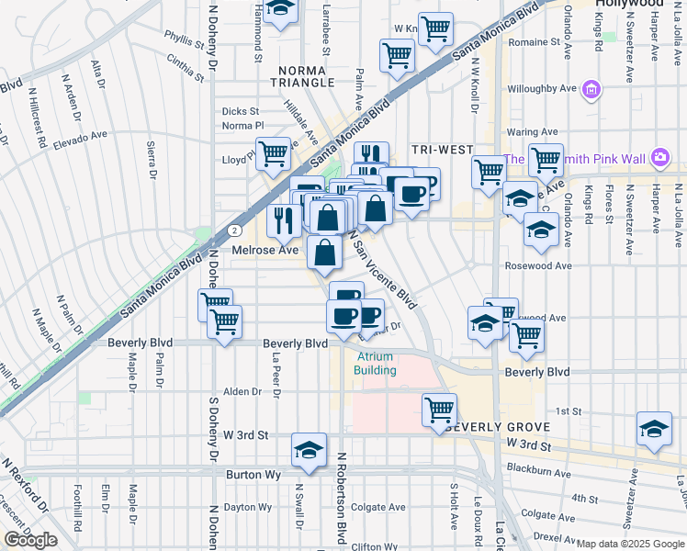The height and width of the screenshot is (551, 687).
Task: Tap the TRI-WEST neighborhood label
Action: [x=442, y=150]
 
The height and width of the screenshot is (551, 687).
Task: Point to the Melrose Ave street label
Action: [x=265, y=250]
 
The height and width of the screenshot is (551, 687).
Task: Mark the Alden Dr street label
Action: [x=243, y=391]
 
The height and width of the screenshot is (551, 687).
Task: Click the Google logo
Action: [x=30, y=539]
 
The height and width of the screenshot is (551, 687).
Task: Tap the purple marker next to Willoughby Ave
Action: [x=591, y=89]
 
